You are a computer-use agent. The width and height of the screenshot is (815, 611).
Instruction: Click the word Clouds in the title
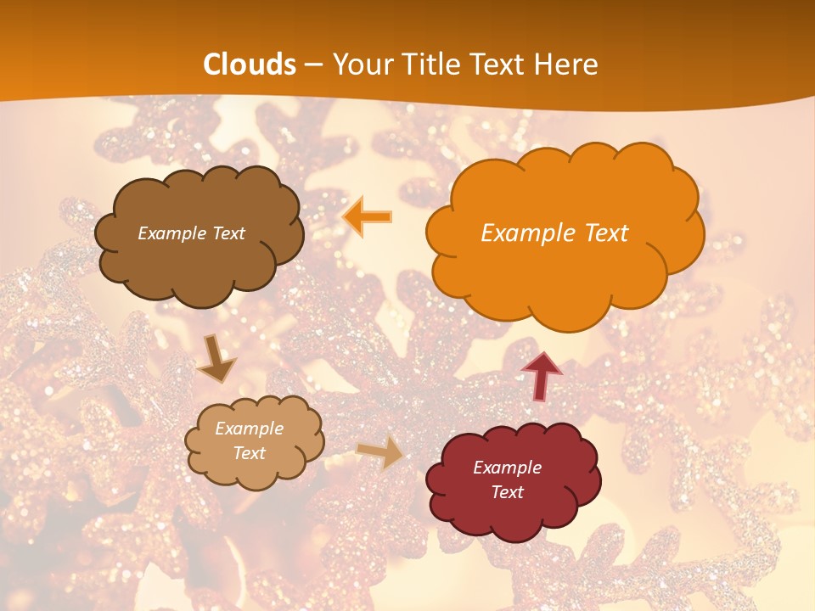250,64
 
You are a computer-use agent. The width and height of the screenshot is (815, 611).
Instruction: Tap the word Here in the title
565,64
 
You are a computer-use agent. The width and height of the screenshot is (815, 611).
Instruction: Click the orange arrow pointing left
367,216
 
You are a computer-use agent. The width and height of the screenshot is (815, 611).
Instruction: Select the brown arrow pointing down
216,359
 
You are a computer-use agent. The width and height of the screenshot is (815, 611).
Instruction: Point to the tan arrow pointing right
381,453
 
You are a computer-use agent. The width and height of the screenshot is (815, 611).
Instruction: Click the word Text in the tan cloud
250,453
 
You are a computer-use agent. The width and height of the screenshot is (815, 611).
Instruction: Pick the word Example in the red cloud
507,468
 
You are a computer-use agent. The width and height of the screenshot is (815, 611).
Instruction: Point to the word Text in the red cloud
507,492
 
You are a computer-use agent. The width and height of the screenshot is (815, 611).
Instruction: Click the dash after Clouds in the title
312,64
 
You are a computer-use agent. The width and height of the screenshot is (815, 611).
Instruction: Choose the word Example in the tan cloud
250,429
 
